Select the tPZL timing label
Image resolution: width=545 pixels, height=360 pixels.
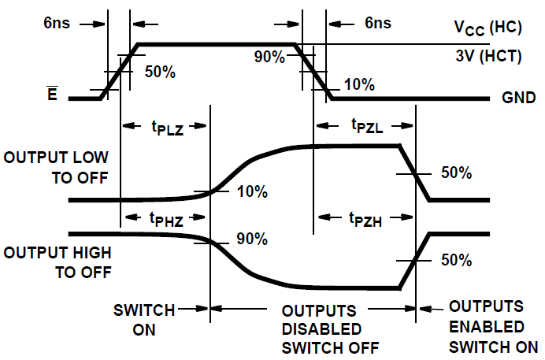click(365, 127)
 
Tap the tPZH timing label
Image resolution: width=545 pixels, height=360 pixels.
click(365, 221)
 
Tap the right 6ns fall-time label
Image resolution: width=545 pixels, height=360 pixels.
click(378, 23)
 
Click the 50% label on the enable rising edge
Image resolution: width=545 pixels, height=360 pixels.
click(161, 72)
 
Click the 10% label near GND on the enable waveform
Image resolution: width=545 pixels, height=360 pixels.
click(360, 84)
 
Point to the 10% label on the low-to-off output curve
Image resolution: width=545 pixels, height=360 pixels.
click(252, 191)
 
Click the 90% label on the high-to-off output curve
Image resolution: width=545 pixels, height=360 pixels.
click(252, 239)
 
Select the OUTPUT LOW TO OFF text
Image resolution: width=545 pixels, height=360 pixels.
click(56, 167)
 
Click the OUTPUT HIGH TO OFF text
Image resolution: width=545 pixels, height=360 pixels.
click(56, 263)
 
